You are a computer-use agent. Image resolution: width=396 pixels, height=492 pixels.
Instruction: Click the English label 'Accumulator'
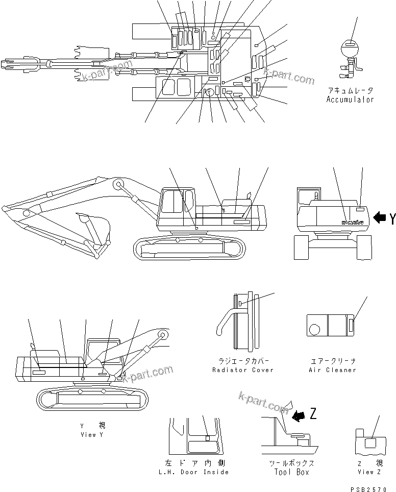pos(350,100)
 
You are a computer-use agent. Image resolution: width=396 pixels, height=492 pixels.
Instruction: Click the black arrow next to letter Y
pos(380,218)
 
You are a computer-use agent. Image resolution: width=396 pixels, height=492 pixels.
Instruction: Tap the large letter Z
pos(313,414)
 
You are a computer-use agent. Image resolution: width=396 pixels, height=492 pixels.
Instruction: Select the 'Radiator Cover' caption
pos(243,370)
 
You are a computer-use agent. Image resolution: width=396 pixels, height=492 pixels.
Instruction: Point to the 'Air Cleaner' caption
pos(332,370)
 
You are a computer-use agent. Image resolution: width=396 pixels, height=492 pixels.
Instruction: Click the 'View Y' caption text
pos(92,434)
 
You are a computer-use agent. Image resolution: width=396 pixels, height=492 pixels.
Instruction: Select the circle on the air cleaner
pos(315,325)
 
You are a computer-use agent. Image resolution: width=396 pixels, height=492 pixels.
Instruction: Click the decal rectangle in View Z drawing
pos(371,443)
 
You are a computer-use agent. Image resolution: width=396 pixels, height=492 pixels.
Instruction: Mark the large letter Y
pos(392,219)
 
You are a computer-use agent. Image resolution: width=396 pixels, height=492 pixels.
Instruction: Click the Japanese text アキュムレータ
pos(350,90)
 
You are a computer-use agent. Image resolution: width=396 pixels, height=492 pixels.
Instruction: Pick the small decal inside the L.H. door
pos(208,438)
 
